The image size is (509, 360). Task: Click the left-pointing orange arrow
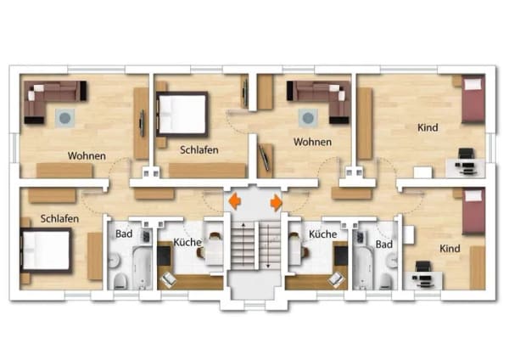pos(234,201)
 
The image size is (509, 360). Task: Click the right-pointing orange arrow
pos(277,202)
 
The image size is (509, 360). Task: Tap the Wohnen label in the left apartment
pos(87,156)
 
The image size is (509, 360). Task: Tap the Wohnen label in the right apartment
pos(312,142)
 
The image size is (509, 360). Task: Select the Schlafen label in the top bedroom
pos(199,150)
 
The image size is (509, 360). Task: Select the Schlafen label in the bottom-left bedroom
pos(59,219)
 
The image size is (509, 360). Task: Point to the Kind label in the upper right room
pos(428,127)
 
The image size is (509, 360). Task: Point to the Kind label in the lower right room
pos(450,249)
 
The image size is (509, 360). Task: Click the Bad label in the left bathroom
pos(124,234)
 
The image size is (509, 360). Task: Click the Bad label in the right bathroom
pos(384,245)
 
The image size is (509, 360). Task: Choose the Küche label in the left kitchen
pos(187,242)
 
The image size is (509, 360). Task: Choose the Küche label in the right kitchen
pos(322,234)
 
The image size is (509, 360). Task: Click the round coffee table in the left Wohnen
pos(65,118)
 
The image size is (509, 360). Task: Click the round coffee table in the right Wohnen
pos(308,118)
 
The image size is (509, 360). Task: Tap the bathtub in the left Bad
pos(143,267)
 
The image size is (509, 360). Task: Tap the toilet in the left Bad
pos(120,281)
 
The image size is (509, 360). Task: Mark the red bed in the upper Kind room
pos(473,98)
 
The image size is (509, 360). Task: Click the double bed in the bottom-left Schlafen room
pos(46,250)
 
